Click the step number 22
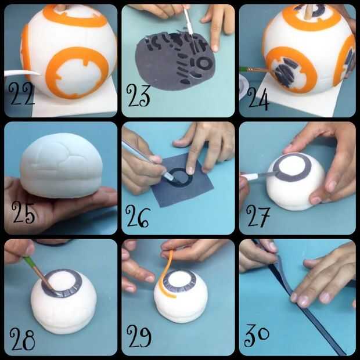tap(21, 93)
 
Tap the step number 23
tap(138, 95)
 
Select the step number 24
tap(258, 98)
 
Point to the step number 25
tap(23, 213)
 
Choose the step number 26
tap(138, 216)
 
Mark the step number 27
tap(258, 217)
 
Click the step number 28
tap(22, 339)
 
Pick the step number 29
tap(139, 336)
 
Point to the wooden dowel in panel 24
tap(308, 10)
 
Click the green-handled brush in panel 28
tap(38, 273)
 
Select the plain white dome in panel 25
tap(61, 165)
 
